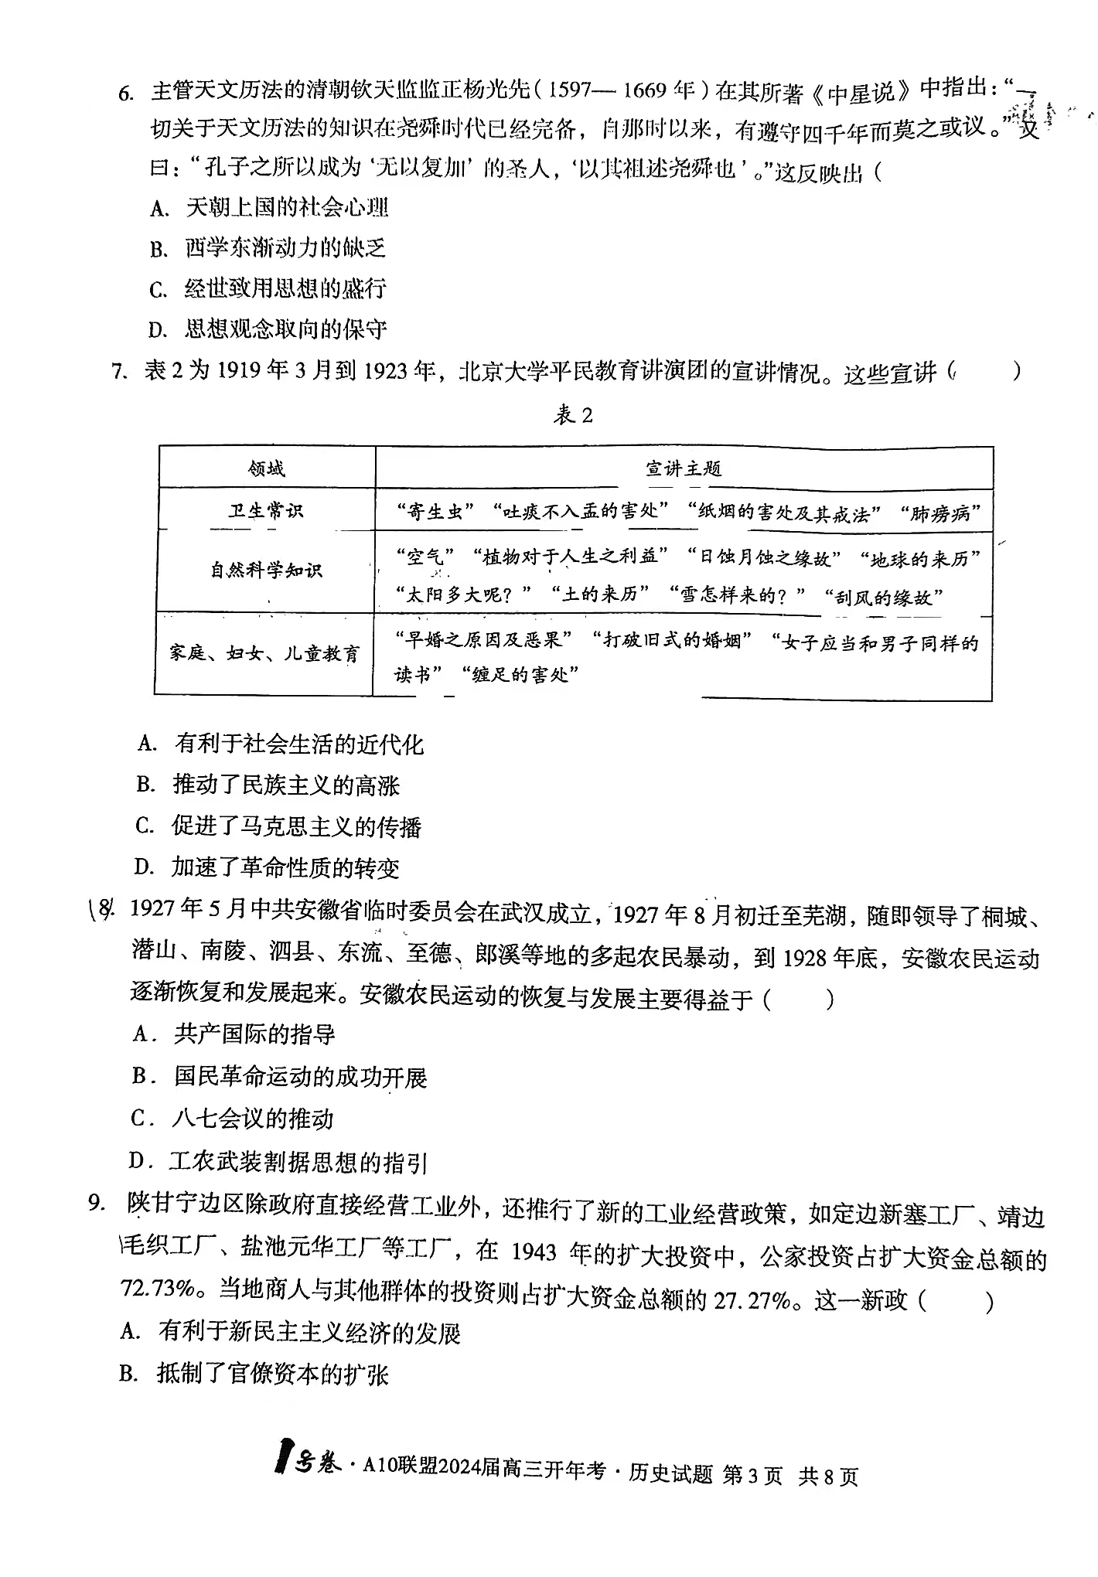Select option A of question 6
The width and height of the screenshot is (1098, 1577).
tap(270, 207)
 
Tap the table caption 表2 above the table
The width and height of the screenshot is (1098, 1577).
tap(573, 416)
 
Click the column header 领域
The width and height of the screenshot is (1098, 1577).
tap(266, 468)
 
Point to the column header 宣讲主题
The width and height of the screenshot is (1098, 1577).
tap(684, 468)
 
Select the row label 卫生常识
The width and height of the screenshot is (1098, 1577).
tap(266, 511)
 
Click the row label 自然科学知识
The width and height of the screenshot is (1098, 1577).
tap(266, 571)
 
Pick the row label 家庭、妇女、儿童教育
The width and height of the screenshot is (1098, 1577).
tap(264, 654)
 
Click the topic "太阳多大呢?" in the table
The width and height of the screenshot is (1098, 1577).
tap(464, 594)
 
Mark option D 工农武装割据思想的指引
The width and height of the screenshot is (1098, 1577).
tap(278, 1162)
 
